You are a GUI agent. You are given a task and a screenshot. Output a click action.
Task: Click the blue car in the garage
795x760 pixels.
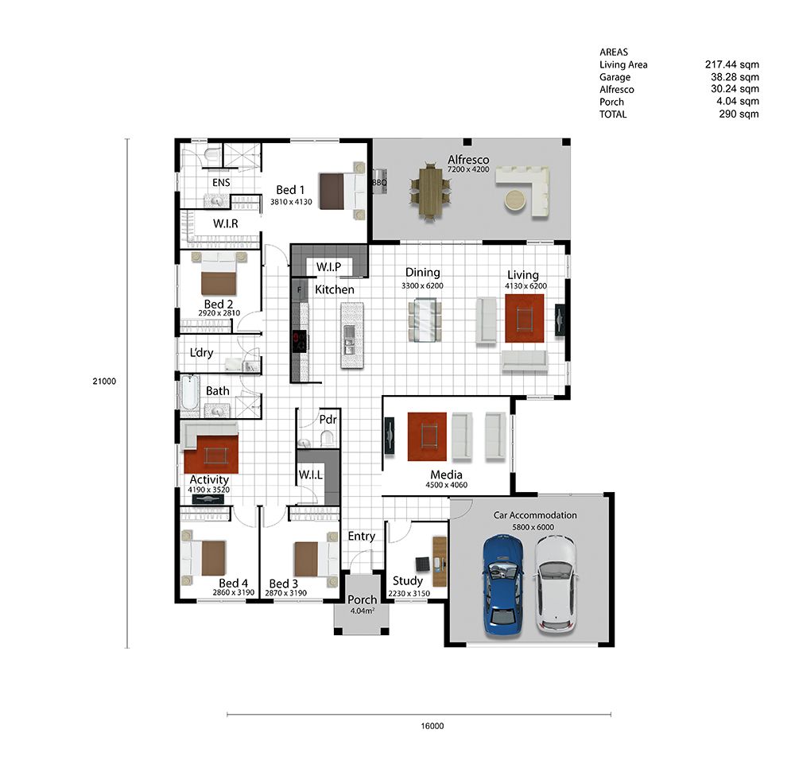pos(503,584)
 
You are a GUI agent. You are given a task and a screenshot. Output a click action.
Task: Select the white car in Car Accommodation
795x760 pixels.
pos(556,584)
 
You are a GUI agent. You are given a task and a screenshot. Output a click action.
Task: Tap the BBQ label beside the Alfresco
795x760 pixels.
pos(380,182)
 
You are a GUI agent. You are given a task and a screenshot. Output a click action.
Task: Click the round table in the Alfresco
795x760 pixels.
pos(516,200)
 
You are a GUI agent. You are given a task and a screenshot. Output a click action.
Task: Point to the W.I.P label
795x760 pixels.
pos(328,266)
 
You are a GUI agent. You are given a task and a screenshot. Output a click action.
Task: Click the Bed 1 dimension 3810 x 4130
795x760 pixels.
pos(291,202)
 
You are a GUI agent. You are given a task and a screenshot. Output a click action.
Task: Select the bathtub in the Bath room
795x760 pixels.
pos(190,392)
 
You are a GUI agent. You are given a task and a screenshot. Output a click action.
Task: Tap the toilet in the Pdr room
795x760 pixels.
pos(328,437)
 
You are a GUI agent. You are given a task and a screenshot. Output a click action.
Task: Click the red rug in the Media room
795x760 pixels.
pos(427,436)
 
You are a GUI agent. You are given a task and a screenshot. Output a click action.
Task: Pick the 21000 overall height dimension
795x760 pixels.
pos(104,382)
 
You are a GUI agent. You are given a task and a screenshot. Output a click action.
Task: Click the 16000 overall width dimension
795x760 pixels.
pos(432,726)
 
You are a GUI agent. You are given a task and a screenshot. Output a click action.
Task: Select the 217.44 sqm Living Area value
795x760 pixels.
pos(731,64)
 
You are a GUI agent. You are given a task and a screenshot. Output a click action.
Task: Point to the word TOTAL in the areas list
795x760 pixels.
pos(613,114)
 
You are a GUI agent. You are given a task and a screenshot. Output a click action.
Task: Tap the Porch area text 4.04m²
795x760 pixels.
pos(362,611)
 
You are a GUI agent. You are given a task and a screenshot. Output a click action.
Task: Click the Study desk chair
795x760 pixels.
pos(422,564)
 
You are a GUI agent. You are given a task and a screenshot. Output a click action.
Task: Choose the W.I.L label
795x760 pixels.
pos(310,475)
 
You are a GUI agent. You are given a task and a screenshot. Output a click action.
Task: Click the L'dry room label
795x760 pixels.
pos(201,352)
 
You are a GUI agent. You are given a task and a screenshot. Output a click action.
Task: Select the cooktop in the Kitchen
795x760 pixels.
pos(299,341)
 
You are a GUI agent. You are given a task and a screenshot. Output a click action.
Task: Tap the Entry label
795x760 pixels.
pos(362,537)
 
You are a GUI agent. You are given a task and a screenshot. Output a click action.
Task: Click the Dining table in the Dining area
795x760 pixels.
pos(425,320)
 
